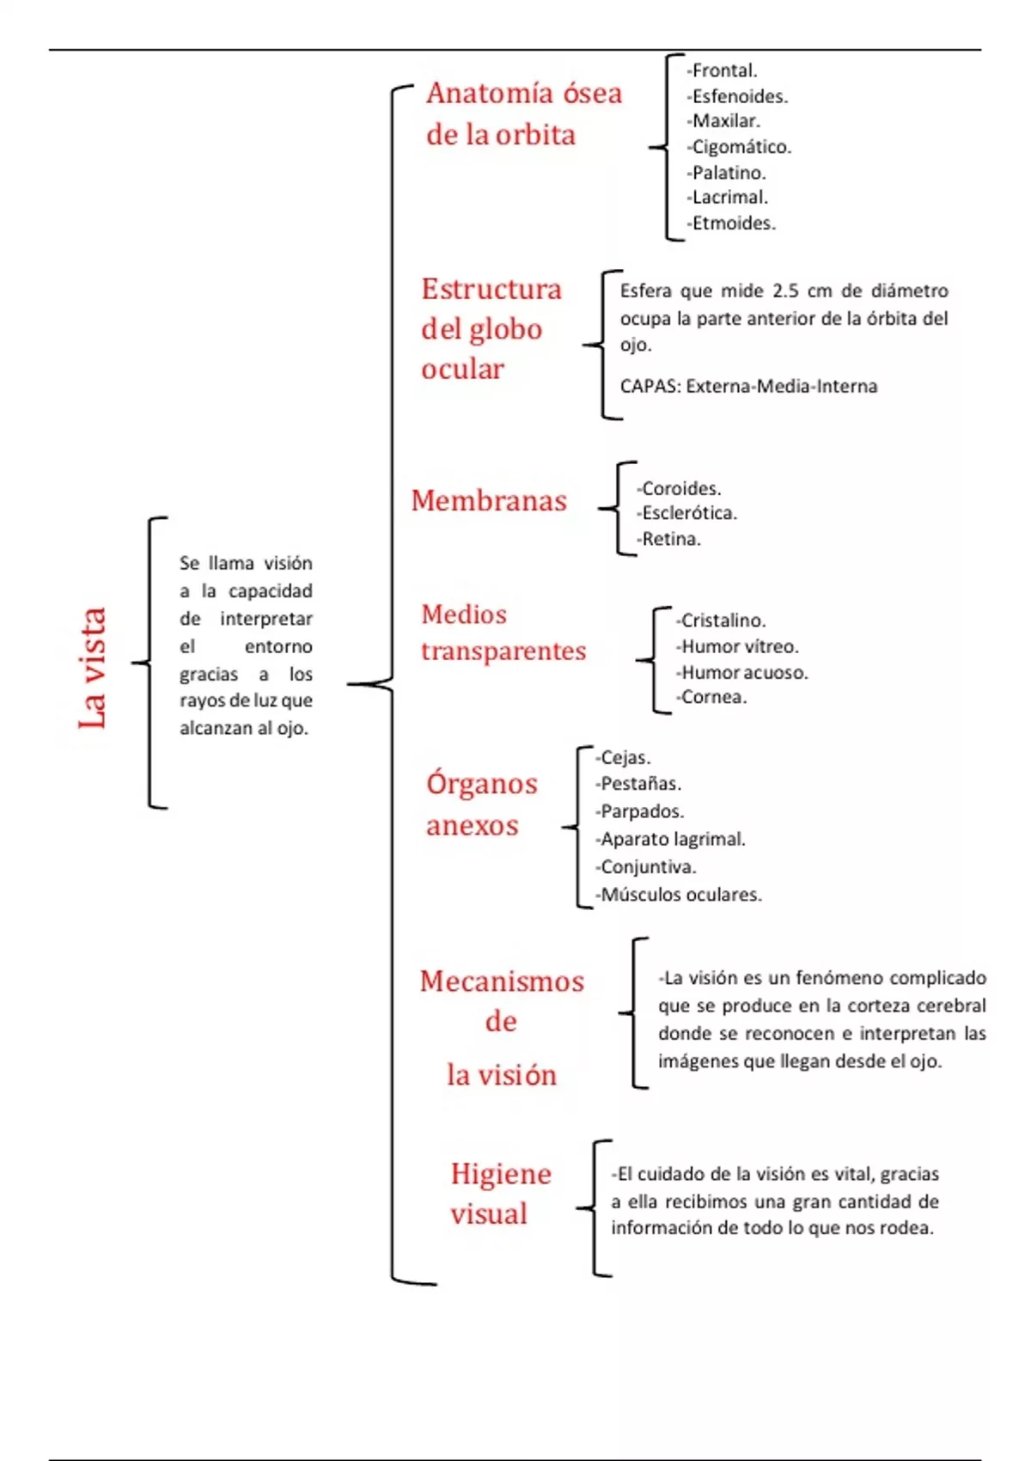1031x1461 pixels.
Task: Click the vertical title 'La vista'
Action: click(x=92, y=669)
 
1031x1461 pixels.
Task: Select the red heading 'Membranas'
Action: click(x=489, y=500)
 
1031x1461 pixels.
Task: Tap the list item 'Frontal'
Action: click(x=723, y=70)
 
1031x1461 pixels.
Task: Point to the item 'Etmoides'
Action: click(x=733, y=223)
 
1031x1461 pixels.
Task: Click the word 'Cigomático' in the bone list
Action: click(x=741, y=147)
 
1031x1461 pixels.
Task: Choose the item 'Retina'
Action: click(x=670, y=539)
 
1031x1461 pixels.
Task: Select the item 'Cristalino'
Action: click(x=722, y=620)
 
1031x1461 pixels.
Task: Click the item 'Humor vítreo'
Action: click(x=739, y=646)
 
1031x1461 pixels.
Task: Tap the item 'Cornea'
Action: click(x=712, y=697)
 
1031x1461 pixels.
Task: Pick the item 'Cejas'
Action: click(x=625, y=758)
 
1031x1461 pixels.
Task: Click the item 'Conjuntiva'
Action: click(x=647, y=867)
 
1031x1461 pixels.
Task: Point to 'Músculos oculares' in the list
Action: click(x=680, y=895)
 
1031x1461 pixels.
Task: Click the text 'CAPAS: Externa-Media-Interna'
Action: click(x=748, y=387)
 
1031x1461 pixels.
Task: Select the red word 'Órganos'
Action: click(x=482, y=784)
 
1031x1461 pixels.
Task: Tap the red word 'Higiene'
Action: click(x=501, y=1174)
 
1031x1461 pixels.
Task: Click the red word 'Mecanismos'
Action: click(x=502, y=981)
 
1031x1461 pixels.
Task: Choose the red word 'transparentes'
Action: click(x=503, y=651)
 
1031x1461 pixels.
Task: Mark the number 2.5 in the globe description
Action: click(x=785, y=290)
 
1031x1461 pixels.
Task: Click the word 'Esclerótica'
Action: click(x=688, y=513)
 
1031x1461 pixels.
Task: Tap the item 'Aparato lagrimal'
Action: click(x=672, y=840)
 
